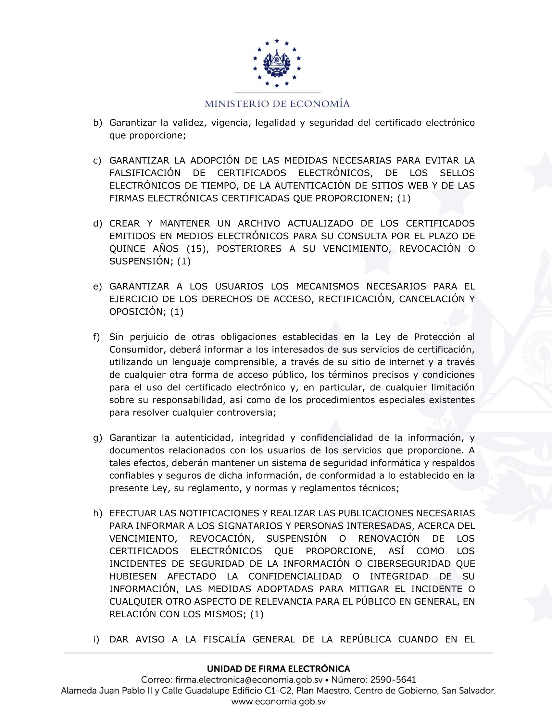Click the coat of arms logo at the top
(x=277, y=63)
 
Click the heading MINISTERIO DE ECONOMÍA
(x=277, y=104)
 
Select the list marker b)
(x=97, y=123)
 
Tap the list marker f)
(x=96, y=337)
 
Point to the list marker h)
(x=97, y=514)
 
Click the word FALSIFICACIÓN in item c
(x=145, y=173)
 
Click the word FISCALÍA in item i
(x=224, y=639)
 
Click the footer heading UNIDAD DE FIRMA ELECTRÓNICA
(x=278, y=669)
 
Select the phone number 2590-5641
(x=393, y=680)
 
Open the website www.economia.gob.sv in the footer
(x=278, y=702)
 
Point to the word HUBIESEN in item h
(x=133, y=576)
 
